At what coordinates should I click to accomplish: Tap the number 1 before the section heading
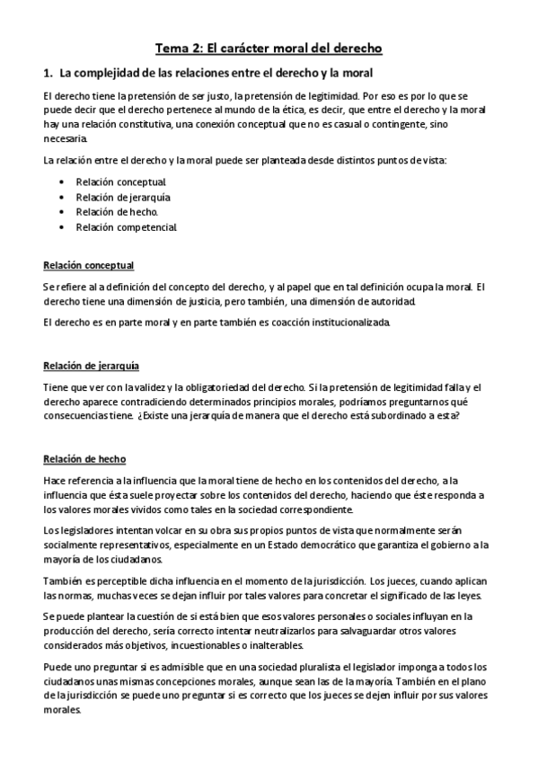pyautogui.click(x=46, y=71)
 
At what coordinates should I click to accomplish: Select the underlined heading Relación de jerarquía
pyautogui.click(x=92, y=366)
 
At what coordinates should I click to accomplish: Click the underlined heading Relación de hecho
pyautogui.click(x=84, y=459)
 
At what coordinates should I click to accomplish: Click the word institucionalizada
pyautogui.click(x=337, y=322)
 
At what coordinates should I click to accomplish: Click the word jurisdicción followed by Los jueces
pyautogui.click(x=334, y=580)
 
